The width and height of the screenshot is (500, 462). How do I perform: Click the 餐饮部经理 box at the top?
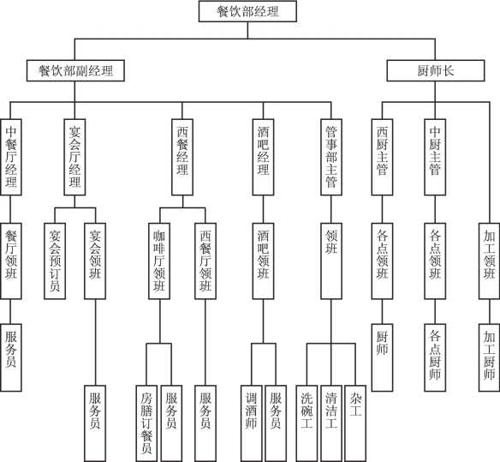[247, 11]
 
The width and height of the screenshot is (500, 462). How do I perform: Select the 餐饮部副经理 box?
[75, 70]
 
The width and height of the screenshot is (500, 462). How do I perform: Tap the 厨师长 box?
[436, 70]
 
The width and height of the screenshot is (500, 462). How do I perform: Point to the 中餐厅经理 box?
[11, 157]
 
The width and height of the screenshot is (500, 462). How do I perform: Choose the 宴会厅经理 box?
[75, 157]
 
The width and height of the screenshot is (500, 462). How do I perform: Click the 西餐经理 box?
[182, 157]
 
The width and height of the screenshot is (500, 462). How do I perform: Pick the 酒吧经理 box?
[263, 157]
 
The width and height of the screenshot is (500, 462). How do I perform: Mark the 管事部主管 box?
[331, 157]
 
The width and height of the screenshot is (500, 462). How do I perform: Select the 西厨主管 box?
[382, 157]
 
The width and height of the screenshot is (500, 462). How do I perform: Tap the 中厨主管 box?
[435, 157]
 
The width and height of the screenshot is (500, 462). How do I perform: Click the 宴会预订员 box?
[55, 261]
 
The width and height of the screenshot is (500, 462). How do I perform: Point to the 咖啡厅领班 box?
[159, 261]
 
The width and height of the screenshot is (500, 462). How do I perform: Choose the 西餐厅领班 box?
[205, 261]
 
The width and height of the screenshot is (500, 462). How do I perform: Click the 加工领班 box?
[489, 261]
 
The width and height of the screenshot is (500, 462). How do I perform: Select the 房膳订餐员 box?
[146, 423]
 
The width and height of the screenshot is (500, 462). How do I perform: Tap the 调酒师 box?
[252, 423]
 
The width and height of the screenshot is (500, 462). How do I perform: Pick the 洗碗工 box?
[307, 423]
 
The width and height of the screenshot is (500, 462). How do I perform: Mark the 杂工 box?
[355, 423]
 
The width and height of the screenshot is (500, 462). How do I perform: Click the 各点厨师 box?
[435, 357]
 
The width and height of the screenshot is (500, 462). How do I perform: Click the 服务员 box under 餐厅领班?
[11, 357]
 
